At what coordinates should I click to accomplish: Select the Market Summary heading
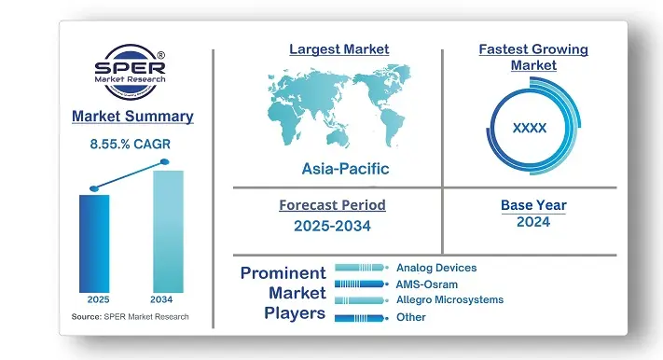(x=131, y=117)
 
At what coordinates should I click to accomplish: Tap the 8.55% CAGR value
(x=131, y=145)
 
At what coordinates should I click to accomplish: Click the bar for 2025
(x=94, y=242)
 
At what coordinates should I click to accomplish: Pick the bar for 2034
(x=168, y=230)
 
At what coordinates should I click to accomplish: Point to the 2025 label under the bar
(x=94, y=300)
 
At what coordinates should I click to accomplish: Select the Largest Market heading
(x=338, y=48)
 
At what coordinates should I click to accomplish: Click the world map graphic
(x=338, y=105)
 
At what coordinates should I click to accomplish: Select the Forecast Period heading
(x=332, y=204)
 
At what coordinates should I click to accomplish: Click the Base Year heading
(x=532, y=204)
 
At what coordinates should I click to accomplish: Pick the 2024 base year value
(x=532, y=222)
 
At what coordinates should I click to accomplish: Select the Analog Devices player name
(x=435, y=268)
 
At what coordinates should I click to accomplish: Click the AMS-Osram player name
(x=426, y=284)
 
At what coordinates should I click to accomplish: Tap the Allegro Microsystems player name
(x=449, y=299)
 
